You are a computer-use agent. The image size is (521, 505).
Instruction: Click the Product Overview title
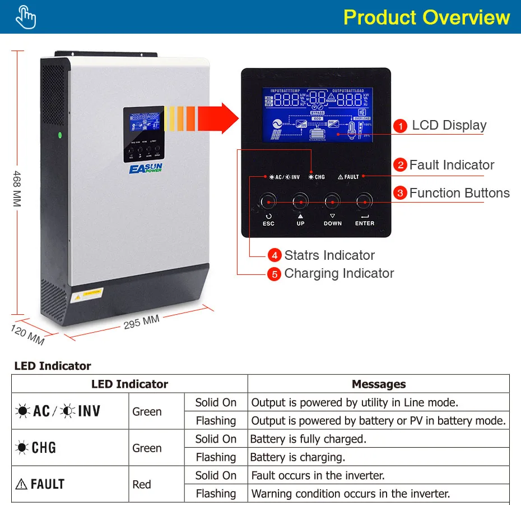(426, 17)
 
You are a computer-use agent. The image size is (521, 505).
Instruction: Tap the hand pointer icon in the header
(26, 17)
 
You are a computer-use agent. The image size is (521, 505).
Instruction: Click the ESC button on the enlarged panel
(268, 201)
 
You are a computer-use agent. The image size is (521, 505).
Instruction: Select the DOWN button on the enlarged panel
(332, 201)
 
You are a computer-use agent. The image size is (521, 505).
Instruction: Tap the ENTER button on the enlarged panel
(364, 201)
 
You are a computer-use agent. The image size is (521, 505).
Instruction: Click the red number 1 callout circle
(400, 126)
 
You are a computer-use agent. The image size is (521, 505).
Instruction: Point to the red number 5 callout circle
(273, 274)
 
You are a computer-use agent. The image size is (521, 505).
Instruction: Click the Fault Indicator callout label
(452, 165)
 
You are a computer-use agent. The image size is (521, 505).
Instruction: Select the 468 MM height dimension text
(17, 189)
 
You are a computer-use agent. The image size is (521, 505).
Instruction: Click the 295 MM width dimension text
(141, 322)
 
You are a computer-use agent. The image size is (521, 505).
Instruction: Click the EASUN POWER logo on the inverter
(145, 168)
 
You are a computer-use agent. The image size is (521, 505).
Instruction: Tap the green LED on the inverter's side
(60, 135)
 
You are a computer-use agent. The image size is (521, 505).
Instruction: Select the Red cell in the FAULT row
(142, 484)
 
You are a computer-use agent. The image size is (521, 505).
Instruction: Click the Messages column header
(379, 384)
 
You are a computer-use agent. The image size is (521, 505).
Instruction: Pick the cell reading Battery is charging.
(297, 457)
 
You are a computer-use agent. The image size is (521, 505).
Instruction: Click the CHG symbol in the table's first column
(36, 448)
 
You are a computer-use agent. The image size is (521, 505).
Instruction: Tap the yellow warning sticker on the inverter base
(86, 293)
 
